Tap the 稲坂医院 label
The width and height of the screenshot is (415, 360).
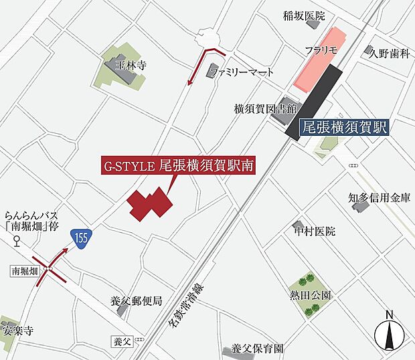point(305,15)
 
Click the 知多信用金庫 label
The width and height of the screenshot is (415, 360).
point(379,197)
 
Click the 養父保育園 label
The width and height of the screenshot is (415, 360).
point(258,349)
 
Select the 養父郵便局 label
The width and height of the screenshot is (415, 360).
point(137,300)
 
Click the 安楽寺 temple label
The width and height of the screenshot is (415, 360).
point(16,330)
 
